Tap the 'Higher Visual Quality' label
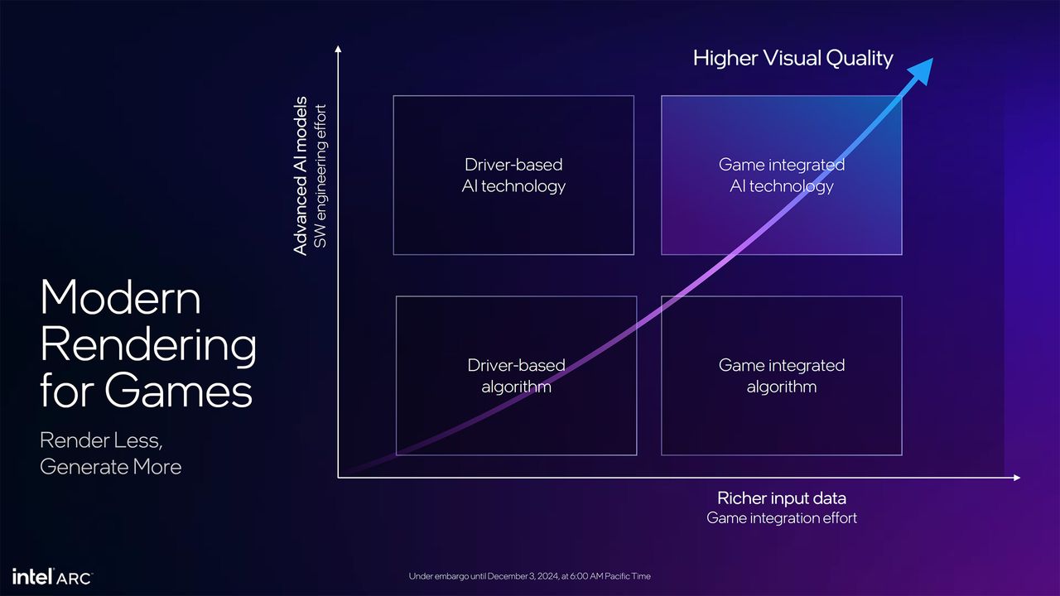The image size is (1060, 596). [x=793, y=59]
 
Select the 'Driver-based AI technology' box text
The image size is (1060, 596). [x=513, y=175]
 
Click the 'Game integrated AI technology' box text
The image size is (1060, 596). [x=782, y=175]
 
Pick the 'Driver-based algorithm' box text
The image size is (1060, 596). [x=516, y=376]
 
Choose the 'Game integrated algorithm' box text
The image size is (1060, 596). [x=782, y=376]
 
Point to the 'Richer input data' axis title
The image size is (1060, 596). [x=782, y=498]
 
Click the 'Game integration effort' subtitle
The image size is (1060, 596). [x=782, y=518]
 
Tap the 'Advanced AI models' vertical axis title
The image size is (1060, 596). [x=301, y=176]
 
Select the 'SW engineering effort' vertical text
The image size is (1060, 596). [x=320, y=176]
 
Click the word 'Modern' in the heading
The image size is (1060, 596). [x=120, y=297]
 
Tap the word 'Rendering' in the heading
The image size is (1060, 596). [x=148, y=345]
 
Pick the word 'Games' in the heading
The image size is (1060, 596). [x=178, y=391]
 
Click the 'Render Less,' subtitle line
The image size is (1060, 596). [x=101, y=441]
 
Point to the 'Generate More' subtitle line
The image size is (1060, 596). [x=111, y=467]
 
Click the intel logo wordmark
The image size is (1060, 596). [x=32, y=577]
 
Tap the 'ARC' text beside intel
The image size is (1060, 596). [x=75, y=579]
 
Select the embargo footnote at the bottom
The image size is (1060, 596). [x=529, y=576]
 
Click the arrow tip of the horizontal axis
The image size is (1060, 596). [x=1019, y=478]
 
